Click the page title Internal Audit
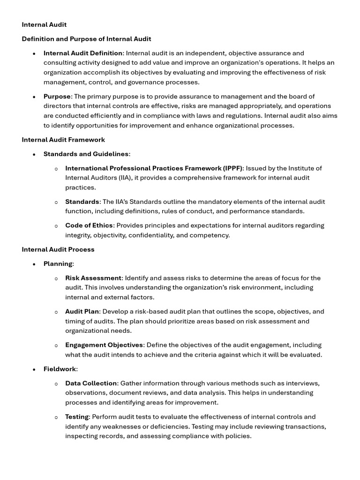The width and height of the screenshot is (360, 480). coord(44,24)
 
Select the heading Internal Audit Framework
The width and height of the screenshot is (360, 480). coord(63,140)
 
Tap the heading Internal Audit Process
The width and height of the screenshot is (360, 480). coord(58,249)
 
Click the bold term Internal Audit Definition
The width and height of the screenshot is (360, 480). coord(83,53)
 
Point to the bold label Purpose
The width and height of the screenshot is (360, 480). coord(57,96)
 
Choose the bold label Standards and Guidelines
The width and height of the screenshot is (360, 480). coord(86,154)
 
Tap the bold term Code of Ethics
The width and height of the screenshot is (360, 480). coord(89,225)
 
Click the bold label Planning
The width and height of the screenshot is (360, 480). coord(58,263)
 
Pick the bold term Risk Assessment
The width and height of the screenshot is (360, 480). coord(93,278)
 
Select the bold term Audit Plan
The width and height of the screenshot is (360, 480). coord(82,311)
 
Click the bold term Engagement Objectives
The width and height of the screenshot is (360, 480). coord(104,345)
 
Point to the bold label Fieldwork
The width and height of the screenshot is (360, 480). coord(60,369)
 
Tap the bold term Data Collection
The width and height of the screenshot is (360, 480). coord(91,383)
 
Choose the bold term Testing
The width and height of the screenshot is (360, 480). coord(77,417)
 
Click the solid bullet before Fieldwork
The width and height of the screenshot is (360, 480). coord(34,369)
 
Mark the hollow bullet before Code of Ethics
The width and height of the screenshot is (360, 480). coord(56,226)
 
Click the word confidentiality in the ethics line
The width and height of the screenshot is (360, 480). coord(152,235)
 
